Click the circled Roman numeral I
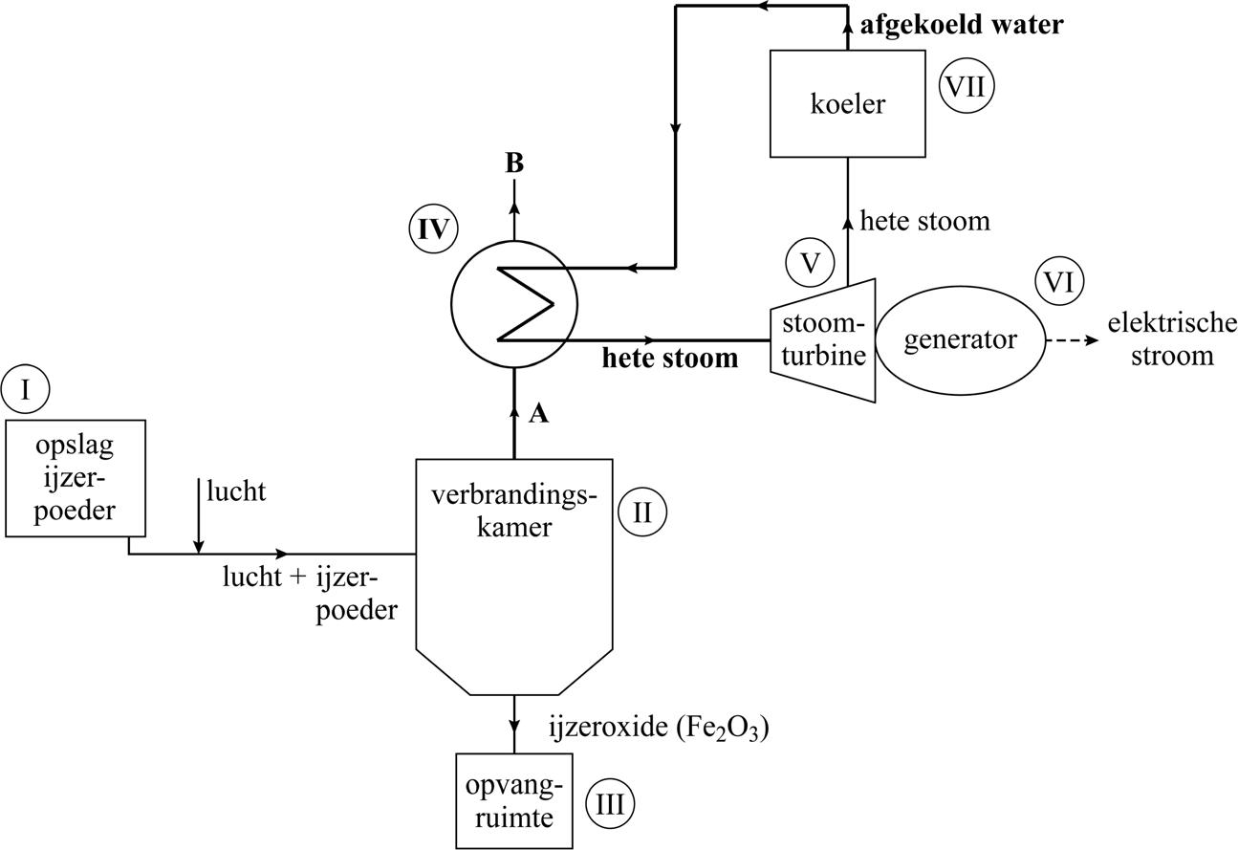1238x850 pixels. coord(25,389)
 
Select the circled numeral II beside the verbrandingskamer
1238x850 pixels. coord(641,512)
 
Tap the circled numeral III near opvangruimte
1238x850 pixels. coord(609,804)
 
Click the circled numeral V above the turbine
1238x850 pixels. coord(810,262)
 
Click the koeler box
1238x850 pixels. coord(847,103)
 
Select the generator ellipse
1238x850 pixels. coord(960,340)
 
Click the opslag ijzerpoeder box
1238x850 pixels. coord(76,478)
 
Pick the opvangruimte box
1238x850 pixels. coord(514,801)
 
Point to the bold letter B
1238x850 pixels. coord(514,163)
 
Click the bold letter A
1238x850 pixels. coord(539,413)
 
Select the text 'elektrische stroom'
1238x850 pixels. coord(1172,339)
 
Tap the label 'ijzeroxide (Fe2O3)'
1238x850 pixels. coord(659,728)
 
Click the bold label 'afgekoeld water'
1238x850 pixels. coord(961,25)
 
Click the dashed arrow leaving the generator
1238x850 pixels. coord(1072,340)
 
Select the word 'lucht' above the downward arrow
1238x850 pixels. coord(236,491)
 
